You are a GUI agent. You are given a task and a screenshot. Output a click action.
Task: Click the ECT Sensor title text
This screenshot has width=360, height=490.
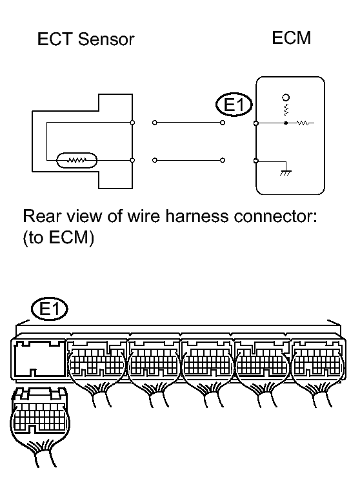pos(86,39)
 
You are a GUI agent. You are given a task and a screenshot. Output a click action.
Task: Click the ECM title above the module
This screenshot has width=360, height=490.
pos(292,38)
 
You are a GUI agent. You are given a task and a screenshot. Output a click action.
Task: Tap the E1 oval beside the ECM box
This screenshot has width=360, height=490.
pos(234,105)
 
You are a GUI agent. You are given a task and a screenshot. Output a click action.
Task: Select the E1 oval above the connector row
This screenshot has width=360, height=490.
pos(49,309)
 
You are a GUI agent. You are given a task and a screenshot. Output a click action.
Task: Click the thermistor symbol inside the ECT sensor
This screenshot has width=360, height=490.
pos(77,160)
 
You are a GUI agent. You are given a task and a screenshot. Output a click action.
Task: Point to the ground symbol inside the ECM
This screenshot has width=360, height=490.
pos(286,172)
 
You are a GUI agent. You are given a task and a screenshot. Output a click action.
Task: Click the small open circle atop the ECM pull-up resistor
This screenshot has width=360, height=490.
pos(286,97)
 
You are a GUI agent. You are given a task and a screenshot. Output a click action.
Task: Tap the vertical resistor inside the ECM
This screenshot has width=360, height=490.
pos(286,109)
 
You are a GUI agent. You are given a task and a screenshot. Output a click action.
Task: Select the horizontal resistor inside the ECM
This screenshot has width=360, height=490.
pos(303,123)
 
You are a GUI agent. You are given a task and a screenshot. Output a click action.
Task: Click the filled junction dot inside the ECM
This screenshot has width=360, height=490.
pos(286,123)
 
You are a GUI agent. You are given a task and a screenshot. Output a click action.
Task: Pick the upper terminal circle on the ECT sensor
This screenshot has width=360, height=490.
pos(132,123)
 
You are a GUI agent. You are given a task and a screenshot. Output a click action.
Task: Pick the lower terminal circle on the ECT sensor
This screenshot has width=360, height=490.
pos(132,160)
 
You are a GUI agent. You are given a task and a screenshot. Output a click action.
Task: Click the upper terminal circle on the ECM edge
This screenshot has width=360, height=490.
pos(256,123)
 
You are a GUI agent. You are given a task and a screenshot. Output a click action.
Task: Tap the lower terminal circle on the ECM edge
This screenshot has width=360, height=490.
pos(256,161)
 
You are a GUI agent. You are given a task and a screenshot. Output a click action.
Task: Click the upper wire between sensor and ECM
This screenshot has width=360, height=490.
pos(188,123)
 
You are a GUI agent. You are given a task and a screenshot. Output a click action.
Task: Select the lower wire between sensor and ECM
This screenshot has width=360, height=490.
pos(188,160)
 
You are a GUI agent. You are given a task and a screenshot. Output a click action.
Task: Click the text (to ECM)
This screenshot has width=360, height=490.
pos(58,238)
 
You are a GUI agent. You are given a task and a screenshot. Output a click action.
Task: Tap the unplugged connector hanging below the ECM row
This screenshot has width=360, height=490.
pos(39,427)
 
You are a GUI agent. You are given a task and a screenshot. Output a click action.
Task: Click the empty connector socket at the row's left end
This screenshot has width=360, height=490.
pos(39,359)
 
